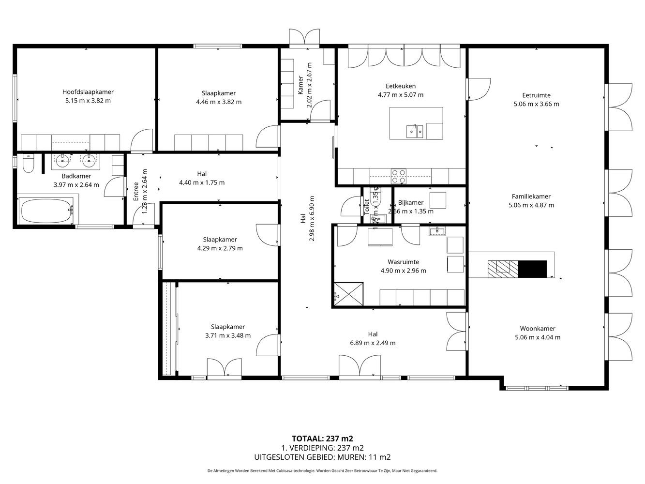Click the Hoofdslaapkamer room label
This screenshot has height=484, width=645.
pos(88,92)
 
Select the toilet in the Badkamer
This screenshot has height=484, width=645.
pos(28,165)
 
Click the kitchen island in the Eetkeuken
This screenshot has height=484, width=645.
pos(416,123)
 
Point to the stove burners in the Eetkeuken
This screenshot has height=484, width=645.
pos(398,176)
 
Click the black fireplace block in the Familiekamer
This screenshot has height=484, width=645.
pos(532,269)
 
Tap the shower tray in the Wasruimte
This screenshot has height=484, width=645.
pos(347,293)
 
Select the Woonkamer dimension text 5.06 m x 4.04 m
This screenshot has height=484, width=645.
pos(538,337)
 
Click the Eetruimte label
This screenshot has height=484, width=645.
pos(536,95)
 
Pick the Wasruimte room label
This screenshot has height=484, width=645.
pos(403,262)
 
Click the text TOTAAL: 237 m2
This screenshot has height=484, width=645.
pos(322,439)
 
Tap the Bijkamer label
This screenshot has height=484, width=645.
pos(411,203)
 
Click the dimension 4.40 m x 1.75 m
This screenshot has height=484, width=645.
pos(201,182)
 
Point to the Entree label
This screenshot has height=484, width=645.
pos(136,191)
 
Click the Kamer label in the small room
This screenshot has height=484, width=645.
pos(300,85)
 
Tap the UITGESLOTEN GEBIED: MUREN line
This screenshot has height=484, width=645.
pos(322,457)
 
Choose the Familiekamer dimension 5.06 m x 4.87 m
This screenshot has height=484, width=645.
pos(531,205)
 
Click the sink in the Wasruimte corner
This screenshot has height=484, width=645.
pos(436,231)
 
